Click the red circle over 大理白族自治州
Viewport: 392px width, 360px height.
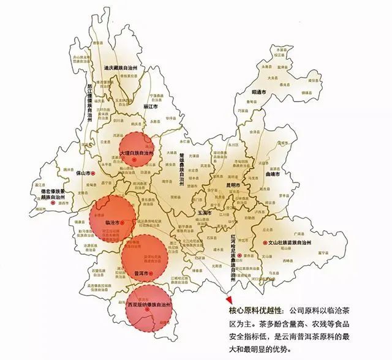[x=135, y=147]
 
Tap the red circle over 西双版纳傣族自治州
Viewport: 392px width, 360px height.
[x=149, y=309]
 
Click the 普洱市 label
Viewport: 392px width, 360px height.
[x=140, y=273]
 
